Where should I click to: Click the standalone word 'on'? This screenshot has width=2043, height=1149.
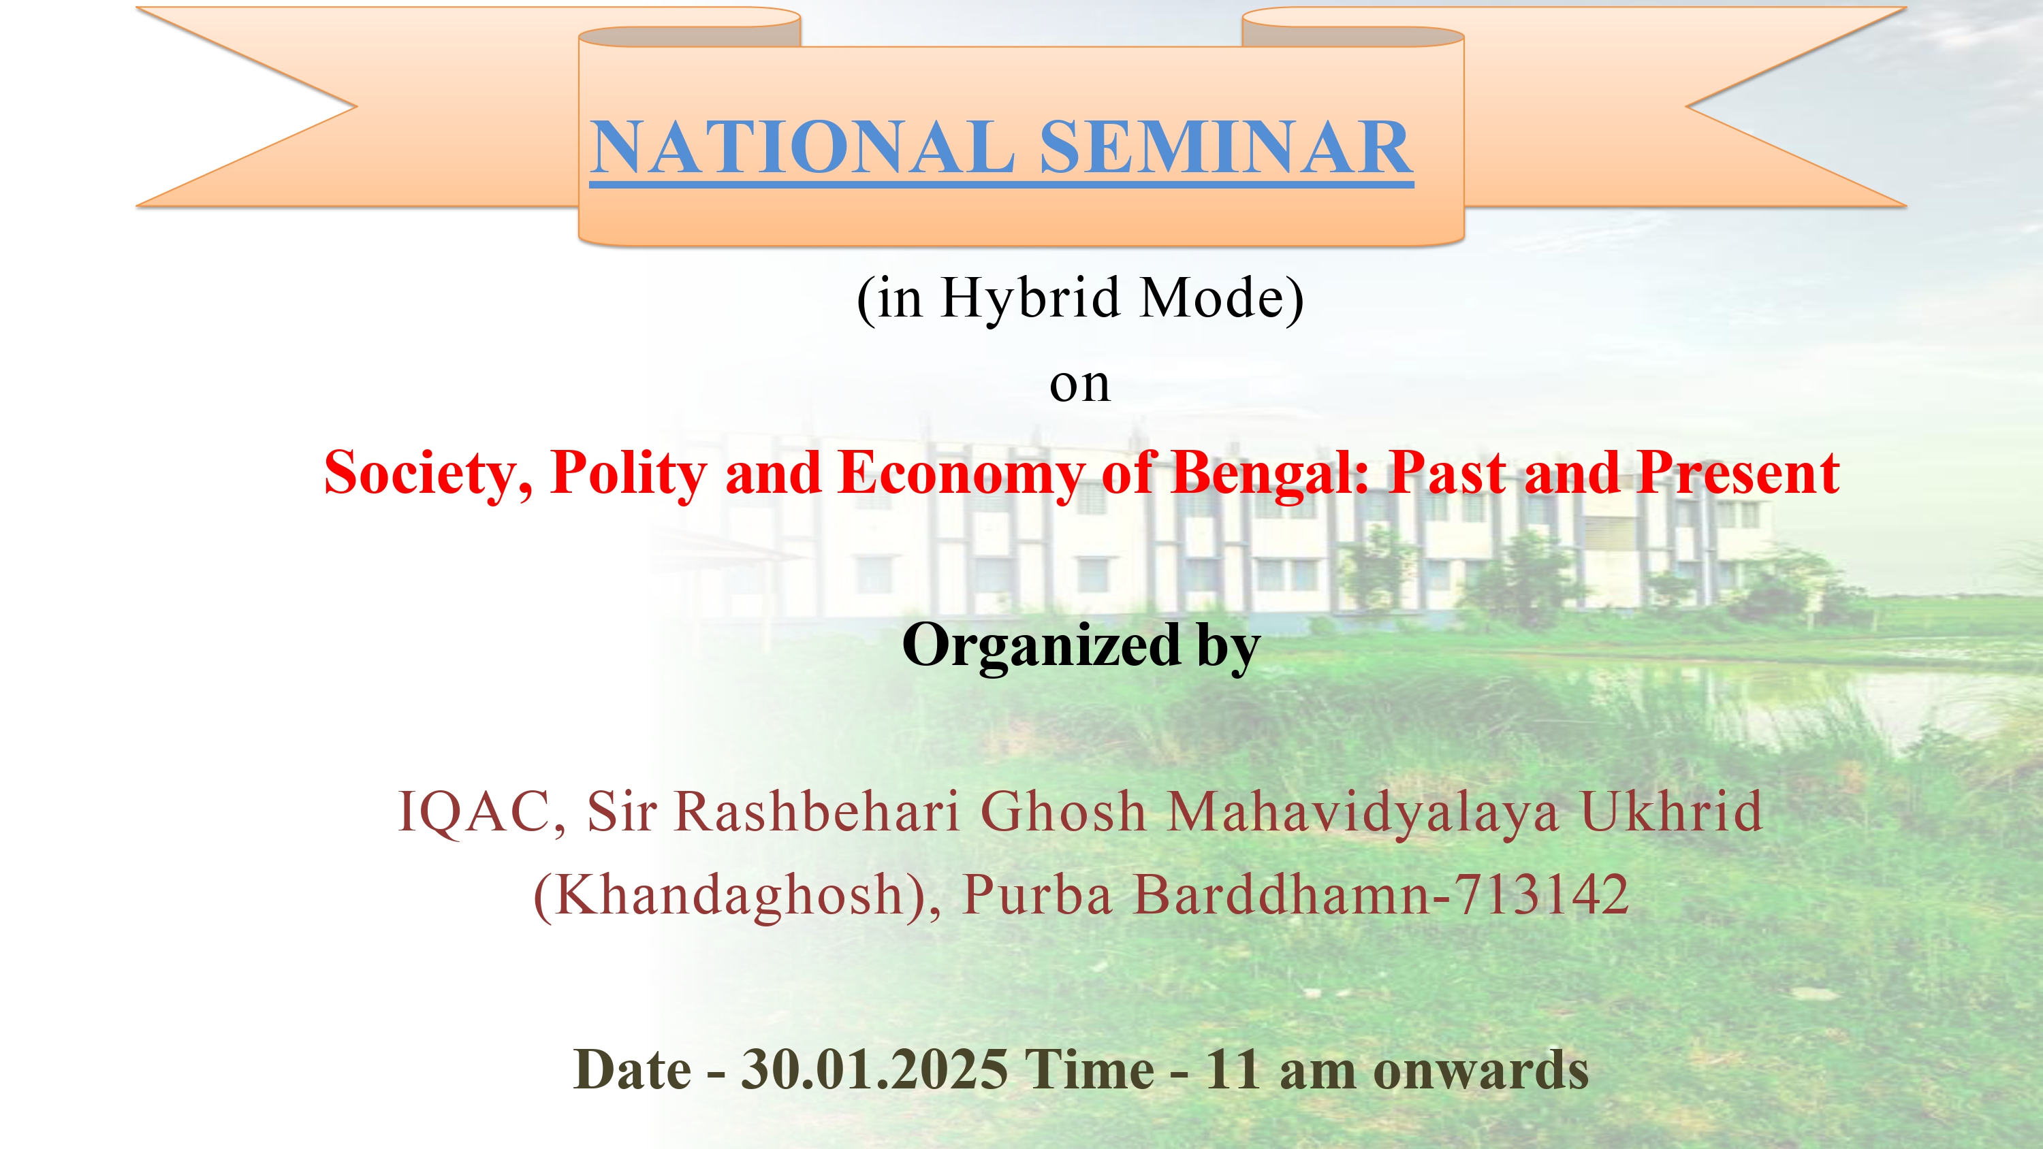[1079, 385]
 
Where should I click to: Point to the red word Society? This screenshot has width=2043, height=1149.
[428, 473]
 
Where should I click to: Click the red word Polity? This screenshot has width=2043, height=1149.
[628, 473]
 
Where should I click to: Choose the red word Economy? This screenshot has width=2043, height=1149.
[960, 473]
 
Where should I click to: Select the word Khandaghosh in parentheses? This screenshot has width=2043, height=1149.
[729, 896]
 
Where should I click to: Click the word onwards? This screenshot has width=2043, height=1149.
[1480, 1071]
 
